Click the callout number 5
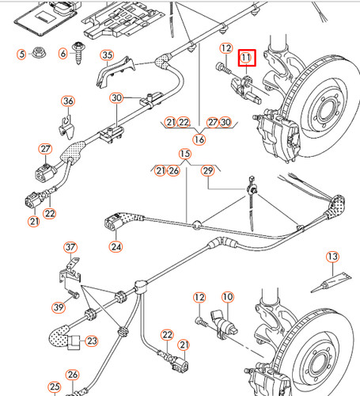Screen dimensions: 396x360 click(22, 54)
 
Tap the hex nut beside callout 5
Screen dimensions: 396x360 click(40, 54)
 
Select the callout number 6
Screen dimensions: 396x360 click(63, 54)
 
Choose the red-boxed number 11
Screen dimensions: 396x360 click(247, 58)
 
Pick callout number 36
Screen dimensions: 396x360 click(68, 101)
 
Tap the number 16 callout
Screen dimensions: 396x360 click(199, 139)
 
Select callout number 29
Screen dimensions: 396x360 click(209, 170)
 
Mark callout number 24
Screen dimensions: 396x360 click(116, 246)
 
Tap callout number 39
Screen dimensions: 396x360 click(58, 307)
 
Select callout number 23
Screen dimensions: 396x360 click(92, 341)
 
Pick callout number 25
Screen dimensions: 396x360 click(55, 387)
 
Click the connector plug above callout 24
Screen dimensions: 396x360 click(117, 223)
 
